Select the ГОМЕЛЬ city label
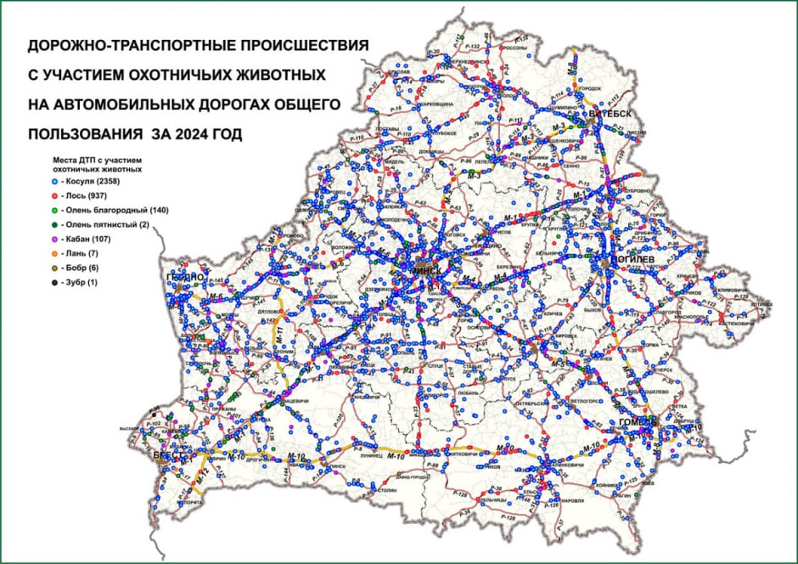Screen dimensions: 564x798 click(x=638, y=423)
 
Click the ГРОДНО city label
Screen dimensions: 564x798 click(x=187, y=277)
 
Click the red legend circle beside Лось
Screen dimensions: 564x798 click(x=53, y=195)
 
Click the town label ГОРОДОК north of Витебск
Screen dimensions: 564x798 click(x=589, y=88)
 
